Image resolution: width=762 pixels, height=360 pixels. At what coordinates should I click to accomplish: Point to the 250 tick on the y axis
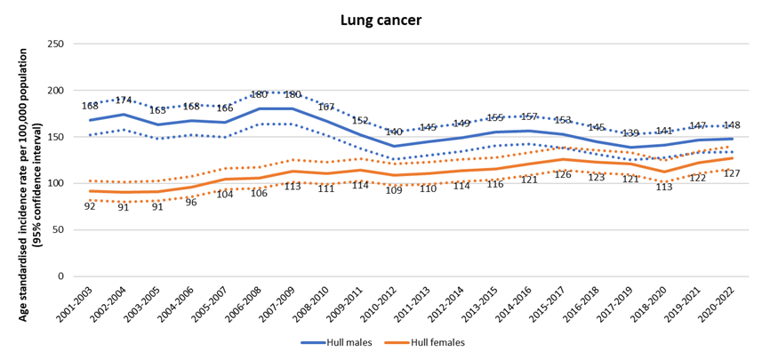point(55,44)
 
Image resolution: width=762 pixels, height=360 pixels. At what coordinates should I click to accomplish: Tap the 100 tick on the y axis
point(55,183)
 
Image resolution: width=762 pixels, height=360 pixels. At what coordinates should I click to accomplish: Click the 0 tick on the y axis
point(60,276)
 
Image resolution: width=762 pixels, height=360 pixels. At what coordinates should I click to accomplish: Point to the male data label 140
point(394,132)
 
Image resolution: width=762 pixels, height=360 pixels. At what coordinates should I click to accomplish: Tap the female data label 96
point(190,202)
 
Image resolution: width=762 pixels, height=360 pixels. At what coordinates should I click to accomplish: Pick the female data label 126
point(563,174)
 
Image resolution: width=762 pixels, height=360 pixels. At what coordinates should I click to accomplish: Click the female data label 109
point(394,190)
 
